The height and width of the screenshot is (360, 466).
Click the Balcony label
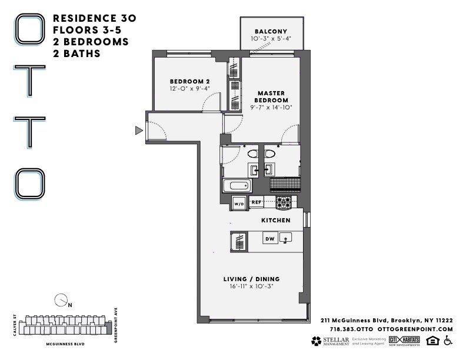coord(270,31)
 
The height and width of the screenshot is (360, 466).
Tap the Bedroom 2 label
coord(189,81)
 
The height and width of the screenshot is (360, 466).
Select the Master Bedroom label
coord(271,96)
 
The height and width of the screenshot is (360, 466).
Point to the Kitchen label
coord(276,220)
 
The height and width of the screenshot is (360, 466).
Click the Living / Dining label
coord(251,278)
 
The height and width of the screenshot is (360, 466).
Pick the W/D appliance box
coord(239,204)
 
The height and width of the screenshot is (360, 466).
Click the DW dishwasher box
coord(270,239)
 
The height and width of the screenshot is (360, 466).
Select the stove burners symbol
coord(284,202)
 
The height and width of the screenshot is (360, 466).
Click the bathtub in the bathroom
coord(237,188)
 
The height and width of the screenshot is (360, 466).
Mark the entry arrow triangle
coord(139,130)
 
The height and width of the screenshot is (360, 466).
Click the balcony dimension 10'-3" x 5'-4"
coord(270,39)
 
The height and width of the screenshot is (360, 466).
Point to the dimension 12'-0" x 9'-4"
coord(189,89)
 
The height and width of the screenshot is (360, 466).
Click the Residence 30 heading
coord(95,18)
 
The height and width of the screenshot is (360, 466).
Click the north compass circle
coord(60,301)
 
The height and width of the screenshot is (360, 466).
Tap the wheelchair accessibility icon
coord(448,341)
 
